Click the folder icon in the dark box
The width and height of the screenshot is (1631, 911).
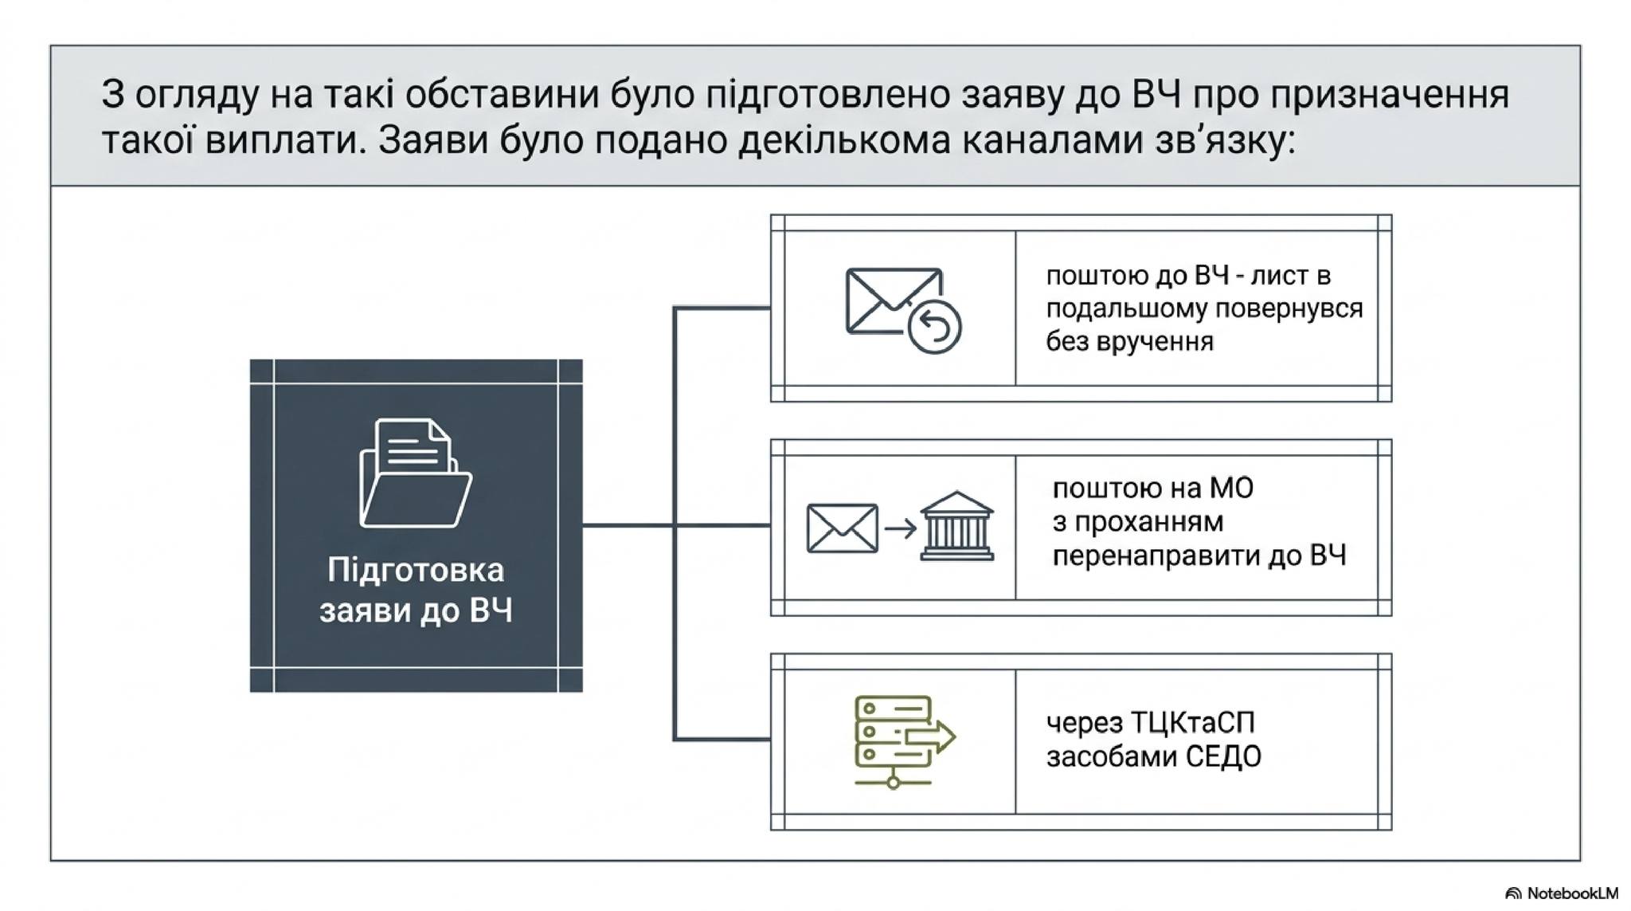416,473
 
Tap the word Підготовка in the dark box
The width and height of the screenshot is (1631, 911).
416,571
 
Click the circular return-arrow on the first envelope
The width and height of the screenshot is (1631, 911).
935,327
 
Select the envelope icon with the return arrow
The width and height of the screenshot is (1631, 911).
903,311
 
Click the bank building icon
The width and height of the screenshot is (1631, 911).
956,525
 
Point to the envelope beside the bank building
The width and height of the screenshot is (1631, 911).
842,528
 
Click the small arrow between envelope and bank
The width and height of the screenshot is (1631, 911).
900,528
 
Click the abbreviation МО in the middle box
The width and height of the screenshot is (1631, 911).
1231,487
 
